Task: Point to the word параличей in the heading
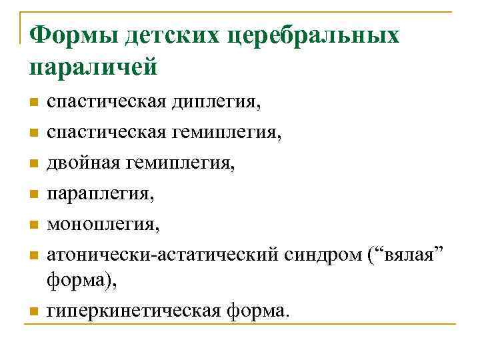click(x=93, y=67)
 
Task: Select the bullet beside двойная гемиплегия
click(x=33, y=163)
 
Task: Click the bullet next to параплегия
click(x=33, y=193)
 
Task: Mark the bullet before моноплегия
click(x=33, y=223)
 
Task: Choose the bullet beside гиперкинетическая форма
click(x=33, y=311)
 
